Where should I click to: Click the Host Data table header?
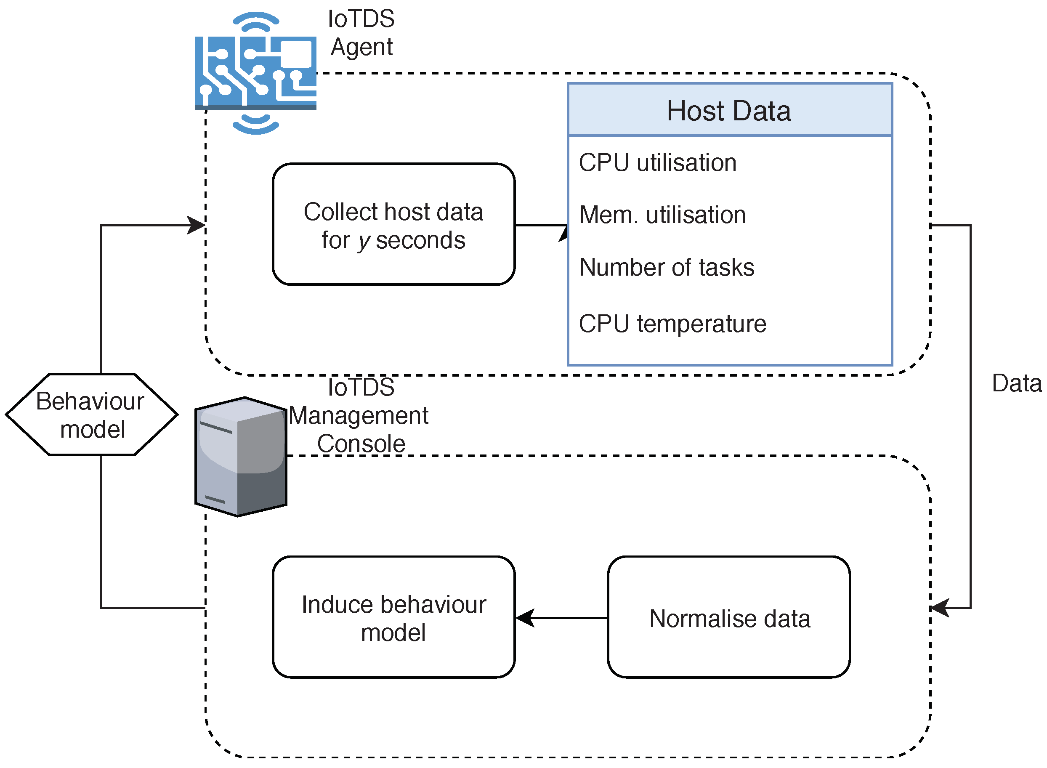[x=729, y=110]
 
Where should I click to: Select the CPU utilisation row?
[x=657, y=163]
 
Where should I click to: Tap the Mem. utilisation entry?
[x=662, y=215]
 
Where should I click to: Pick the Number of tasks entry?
[x=666, y=267]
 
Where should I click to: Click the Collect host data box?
[x=393, y=224]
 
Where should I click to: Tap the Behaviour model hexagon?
[x=92, y=414]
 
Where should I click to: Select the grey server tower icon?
[x=240, y=457]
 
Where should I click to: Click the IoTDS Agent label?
[x=361, y=33]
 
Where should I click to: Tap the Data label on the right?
[x=1016, y=383]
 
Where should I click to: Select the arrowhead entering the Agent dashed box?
[x=196, y=225]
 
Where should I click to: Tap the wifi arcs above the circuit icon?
[x=256, y=21]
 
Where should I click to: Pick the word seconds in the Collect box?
[x=420, y=240]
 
